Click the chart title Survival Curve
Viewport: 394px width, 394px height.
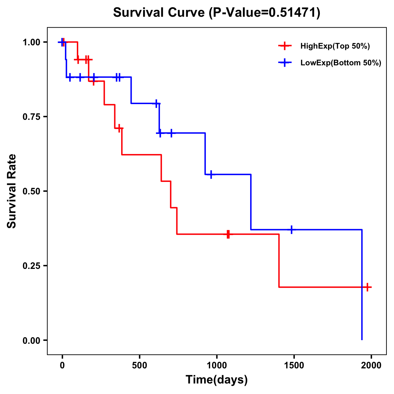[216, 13]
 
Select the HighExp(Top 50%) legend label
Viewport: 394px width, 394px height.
[335, 46]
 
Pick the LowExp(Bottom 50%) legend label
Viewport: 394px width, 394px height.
[341, 63]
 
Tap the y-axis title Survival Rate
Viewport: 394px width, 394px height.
[12, 191]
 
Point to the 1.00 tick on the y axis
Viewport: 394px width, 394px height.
[31, 42]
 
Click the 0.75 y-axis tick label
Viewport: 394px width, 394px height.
[31, 117]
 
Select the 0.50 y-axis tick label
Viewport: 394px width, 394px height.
[31, 191]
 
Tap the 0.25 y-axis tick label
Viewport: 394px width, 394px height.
[31, 266]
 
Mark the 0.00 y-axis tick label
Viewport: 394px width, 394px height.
[31, 340]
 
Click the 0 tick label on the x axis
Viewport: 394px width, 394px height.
[62, 365]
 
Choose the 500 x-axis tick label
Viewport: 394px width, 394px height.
[140, 365]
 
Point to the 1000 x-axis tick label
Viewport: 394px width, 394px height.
[216, 365]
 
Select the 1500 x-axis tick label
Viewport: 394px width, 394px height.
[294, 365]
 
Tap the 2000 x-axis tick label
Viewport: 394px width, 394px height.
[371, 365]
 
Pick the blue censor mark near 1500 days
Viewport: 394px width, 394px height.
[291, 230]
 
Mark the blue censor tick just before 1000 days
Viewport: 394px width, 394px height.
[211, 174]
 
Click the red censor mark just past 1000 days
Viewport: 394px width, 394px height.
[228, 234]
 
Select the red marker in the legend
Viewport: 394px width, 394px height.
[285, 46]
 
